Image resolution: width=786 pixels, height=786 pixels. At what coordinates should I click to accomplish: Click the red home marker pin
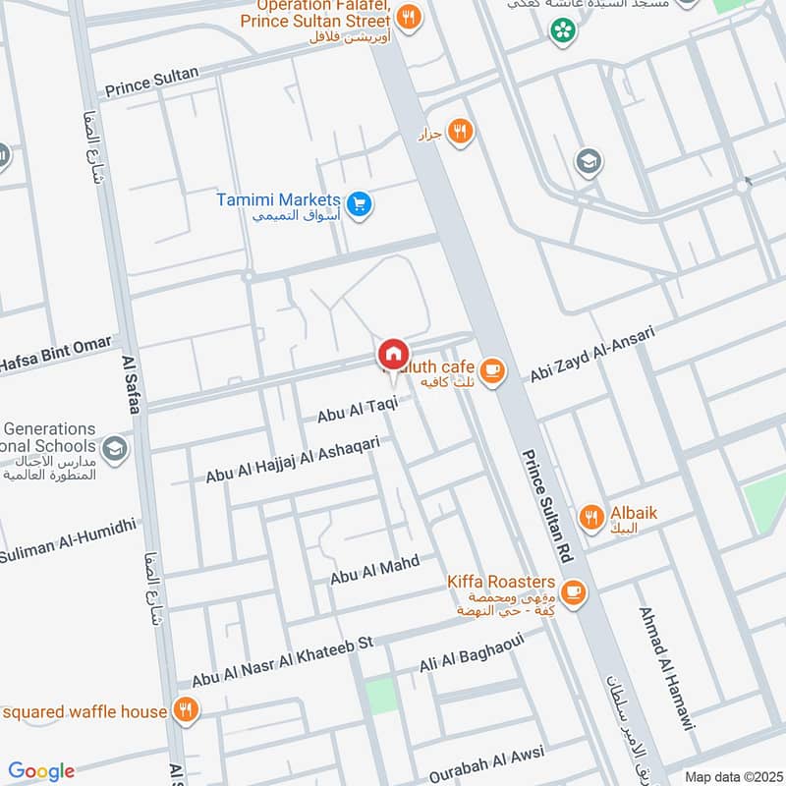point(392,354)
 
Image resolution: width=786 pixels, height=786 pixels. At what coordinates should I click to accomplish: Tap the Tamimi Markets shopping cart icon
point(360,203)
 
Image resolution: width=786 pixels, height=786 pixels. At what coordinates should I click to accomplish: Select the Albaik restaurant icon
point(590,518)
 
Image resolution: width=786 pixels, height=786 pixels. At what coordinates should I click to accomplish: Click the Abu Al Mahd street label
point(375,570)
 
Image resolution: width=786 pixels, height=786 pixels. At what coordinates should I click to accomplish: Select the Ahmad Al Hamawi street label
point(666,667)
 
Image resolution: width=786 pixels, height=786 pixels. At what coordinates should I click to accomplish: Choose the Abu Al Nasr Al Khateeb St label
point(284,660)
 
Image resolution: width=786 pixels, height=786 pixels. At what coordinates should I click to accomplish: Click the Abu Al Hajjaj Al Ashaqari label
point(292,460)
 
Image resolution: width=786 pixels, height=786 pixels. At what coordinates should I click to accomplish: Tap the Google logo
point(41,771)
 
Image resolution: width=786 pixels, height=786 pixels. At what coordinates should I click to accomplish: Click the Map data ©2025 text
point(732,776)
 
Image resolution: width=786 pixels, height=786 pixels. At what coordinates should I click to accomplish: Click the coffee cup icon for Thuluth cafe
point(492,370)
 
